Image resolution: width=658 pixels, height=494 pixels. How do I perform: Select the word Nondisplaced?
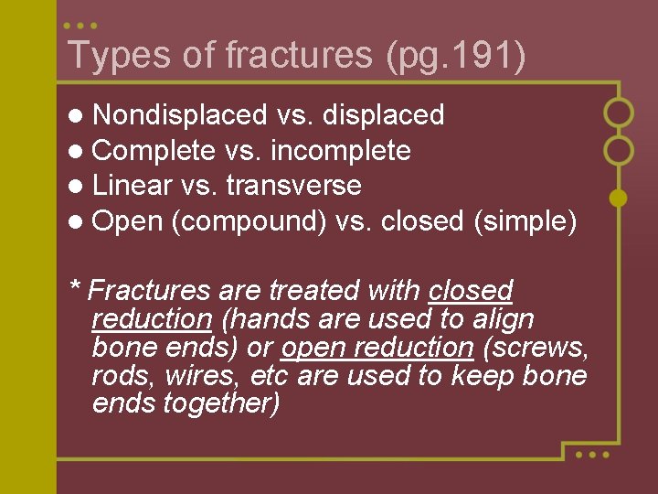pos(179,115)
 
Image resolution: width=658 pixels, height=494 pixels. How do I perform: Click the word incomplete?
pos(340,150)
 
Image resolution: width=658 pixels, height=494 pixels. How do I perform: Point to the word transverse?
pos(293,186)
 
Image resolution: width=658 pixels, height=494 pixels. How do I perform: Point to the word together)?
pos(221,404)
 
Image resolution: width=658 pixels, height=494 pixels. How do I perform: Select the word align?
pos(504,319)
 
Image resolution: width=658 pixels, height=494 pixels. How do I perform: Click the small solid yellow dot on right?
pos(618,197)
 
